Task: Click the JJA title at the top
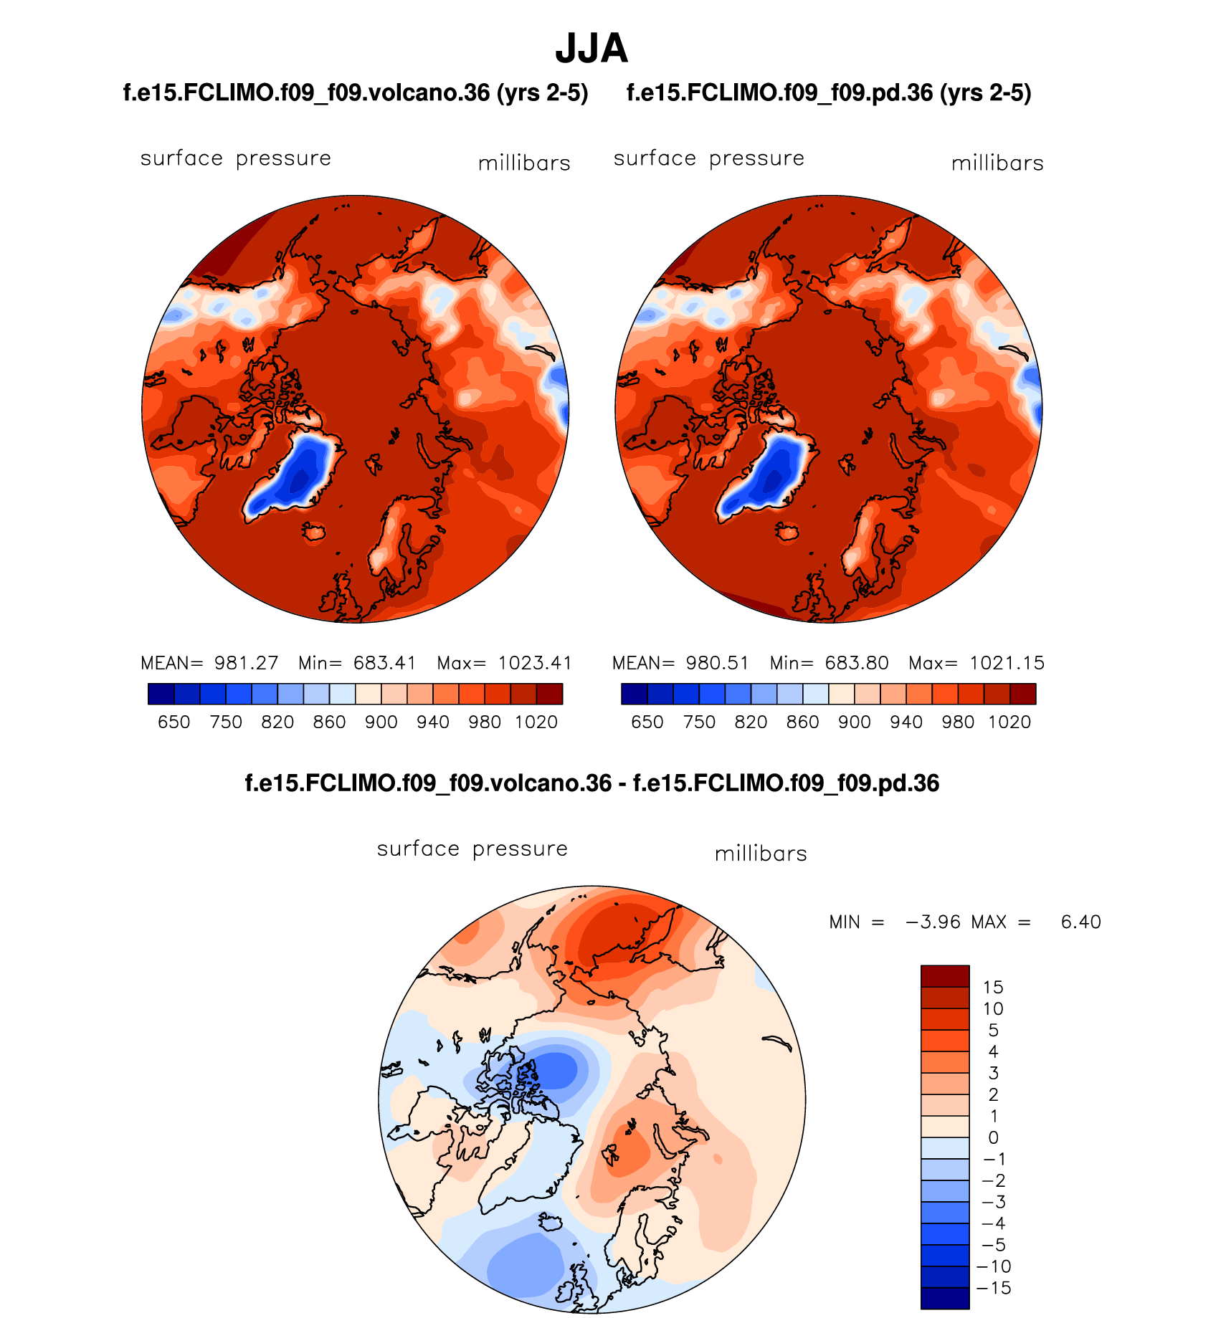(591, 49)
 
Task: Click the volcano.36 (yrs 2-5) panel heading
(356, 92)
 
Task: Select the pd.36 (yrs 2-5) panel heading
(829, 92)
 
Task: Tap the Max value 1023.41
(535, 663)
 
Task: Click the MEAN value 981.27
(246, 663)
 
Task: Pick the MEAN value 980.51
(717, 663)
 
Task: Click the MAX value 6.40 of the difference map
(1080, 922)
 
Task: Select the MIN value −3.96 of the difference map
(933, 922)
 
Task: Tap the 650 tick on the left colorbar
(174, 722)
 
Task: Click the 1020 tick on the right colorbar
(1009, 722)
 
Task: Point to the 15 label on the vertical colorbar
(993, 988)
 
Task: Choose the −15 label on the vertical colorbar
(994, 1289)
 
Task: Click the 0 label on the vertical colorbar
(993, 1138)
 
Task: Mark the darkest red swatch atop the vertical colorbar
(945, 976)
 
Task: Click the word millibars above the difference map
(761, 854)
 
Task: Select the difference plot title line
(591, 783)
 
